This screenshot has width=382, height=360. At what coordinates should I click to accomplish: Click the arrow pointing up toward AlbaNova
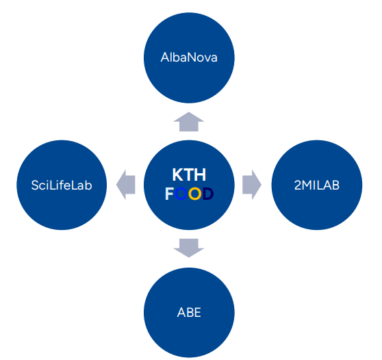pos(188,122)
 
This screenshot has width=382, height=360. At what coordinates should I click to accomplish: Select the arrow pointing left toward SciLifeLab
pos(126,185)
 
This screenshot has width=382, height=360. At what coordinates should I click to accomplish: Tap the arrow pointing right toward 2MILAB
pos(252,185)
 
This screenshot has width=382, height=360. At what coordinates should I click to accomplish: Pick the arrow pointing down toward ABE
pos(188,248)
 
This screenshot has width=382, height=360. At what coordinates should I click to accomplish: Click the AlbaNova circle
pos(189,57)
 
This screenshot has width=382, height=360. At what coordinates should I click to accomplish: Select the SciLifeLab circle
pos(62,185)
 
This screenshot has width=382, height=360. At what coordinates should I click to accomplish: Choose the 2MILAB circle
pos(317,185)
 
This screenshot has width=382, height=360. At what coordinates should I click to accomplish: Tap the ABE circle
pos(189,313)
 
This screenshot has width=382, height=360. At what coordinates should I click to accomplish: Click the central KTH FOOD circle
pos(189,185)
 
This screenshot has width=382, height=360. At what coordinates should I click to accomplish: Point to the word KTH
pos(189,175)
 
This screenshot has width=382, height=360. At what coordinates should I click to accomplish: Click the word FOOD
pos(189,194)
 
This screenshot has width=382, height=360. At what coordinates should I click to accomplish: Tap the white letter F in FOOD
pos(169,194)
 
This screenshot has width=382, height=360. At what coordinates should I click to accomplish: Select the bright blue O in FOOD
pos(181,194)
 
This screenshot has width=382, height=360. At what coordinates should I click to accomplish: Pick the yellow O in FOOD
pos(194,194)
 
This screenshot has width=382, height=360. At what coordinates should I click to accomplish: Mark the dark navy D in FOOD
pos(208,194)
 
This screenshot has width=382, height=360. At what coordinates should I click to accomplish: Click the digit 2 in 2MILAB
pos(298,185)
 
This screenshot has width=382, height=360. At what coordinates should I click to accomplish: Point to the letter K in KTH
pos(178,175)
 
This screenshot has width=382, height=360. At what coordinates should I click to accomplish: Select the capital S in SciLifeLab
pos(35,185)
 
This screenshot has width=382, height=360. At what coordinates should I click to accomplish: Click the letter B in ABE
pos(190,313)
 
